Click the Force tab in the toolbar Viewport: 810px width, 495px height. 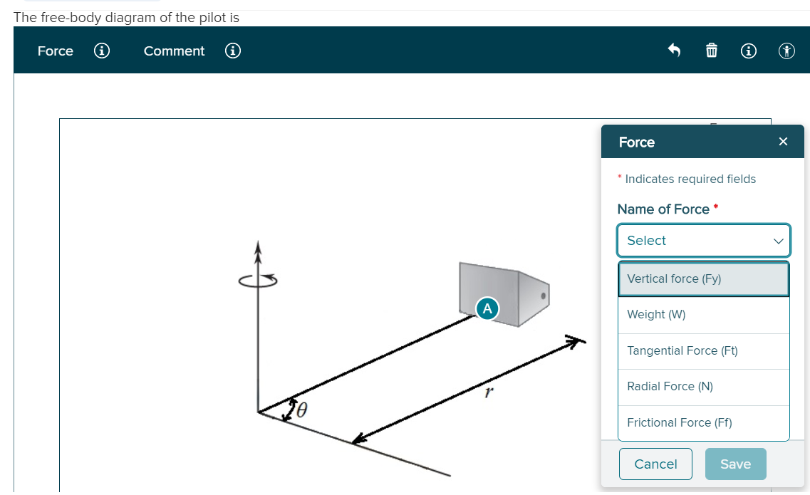coord(56,51)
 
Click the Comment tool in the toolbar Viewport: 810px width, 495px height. coord(174,51)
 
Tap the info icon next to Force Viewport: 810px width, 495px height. coord(102,51)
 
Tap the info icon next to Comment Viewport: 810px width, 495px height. coord(232,51)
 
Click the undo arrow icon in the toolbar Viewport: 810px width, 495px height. coord(674,51)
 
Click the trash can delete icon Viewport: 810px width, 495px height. coord(711,51)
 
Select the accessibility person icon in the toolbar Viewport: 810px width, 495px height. coord(786,51)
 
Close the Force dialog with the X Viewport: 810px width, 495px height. coord(783,142)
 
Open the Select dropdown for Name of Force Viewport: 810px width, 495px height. coord(703,241)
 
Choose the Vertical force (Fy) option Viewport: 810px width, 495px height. coord(703,279)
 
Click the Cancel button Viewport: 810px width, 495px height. coord(655,464)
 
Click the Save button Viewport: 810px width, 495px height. coord(735,464)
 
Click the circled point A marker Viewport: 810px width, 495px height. coord(487,308)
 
